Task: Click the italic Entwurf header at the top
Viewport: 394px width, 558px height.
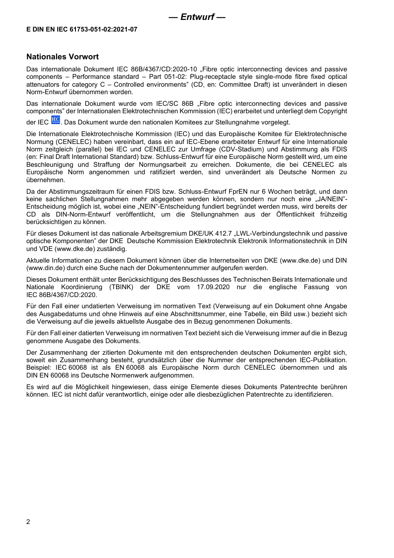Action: [x=197, y=17]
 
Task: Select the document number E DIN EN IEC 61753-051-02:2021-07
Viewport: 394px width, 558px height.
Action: [x=82, y=29]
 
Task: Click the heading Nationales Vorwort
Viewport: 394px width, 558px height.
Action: [x=63, y=57]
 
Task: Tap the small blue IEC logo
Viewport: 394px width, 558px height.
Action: [x=55, y=120]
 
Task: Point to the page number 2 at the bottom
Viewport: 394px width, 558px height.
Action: [x=28, y=521]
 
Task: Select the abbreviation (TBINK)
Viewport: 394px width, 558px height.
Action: [x=121, y=287]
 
